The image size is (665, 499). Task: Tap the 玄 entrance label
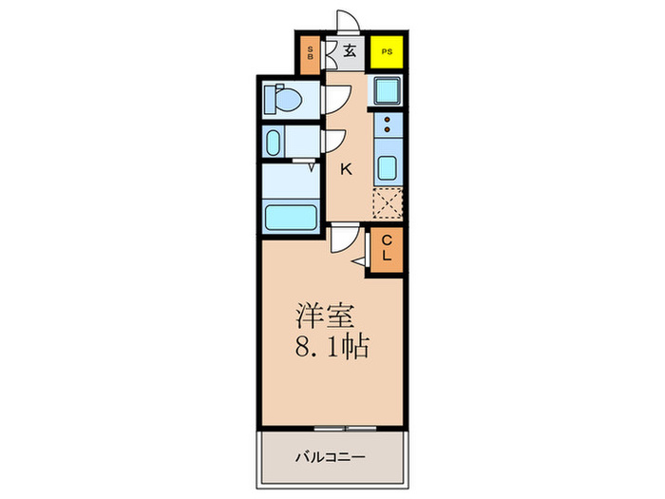pos(349,52)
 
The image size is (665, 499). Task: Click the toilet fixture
pos(284,98)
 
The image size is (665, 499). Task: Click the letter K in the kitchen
pos(347,169)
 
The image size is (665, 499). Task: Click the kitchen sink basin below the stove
pos(388,168)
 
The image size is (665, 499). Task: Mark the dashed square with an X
pos(388,204)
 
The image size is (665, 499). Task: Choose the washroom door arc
pos(334,141)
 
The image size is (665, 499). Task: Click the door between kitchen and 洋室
pos(344,241)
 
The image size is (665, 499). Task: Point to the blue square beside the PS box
pos(387,91)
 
